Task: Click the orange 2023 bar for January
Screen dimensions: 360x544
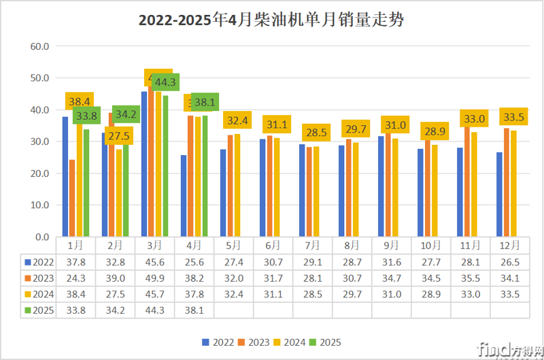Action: [72, 198]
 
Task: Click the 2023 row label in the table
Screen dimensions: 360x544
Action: [40, 278]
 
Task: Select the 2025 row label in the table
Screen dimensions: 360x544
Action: [40, 310]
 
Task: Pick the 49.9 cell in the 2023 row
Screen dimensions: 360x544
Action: [154, 278]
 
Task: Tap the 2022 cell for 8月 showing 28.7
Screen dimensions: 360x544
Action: [352, 261]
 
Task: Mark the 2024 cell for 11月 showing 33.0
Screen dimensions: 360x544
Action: [470, 294]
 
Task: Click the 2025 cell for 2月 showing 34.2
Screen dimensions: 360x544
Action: [115, 310]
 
